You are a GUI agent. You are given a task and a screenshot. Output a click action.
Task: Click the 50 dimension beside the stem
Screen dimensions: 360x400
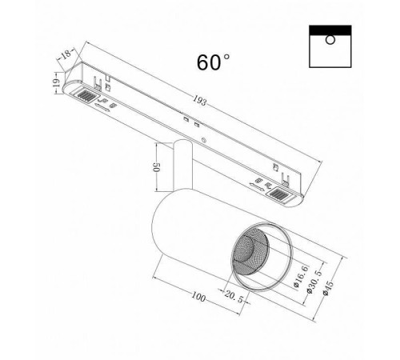[158, 169]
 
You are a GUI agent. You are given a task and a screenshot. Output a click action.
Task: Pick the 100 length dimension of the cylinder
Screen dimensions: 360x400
[198, 298]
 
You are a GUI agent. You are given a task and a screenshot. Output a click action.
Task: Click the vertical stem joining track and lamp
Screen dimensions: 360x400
[182, 164]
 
